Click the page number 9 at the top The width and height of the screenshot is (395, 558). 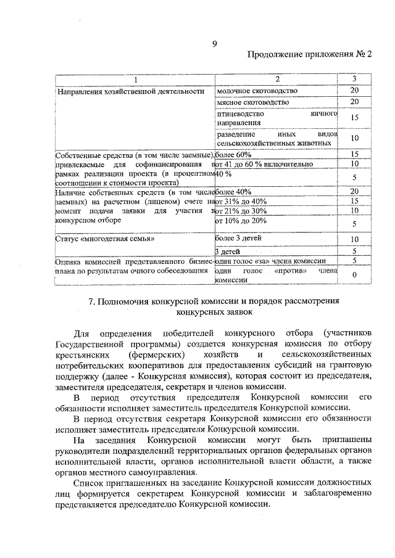click(x=214, y=43)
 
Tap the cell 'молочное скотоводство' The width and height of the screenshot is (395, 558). click(x=257, y=91)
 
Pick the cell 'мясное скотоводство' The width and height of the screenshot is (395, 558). click(x=252, y=102)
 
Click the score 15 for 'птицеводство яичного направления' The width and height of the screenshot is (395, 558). click(x=354, y=118)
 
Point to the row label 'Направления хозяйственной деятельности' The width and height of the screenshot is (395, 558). click(x=130, y=91)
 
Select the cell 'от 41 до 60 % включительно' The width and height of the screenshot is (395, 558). click(x=263, y=164)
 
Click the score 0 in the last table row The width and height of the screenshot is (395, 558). click(x=354, y=274)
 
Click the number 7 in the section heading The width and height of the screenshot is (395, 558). click(x=91, y=302)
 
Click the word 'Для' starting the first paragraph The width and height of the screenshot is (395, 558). click(x=81, y=333)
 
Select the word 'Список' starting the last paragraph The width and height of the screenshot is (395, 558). click(x=88, y=481)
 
